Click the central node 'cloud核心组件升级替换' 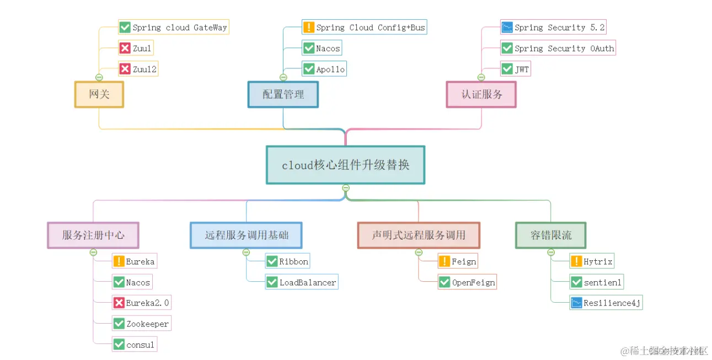[x=345, y=165]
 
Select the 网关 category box [x=99, y=94]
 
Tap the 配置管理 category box [x=283, y=94]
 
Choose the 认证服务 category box [x=481, y=94]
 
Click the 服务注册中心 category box [x=93, y=235]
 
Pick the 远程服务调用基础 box [x=246, y=235]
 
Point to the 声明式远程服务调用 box [x=419, y=235]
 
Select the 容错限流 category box [x=550, y=235]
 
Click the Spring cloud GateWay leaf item [x=173, y=28]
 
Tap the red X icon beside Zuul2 [x=125, y=69]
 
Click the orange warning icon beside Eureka [x=119, y=261]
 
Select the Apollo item [x=324, y=69]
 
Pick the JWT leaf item [x=515, y=69]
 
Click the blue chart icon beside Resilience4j [x=576, y=303]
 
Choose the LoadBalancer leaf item [x=301, y=282]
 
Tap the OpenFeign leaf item [x=467, y=282]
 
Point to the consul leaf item [x=135, y=345]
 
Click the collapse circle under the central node [x=346, y=188]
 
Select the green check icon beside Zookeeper [x=119, y=324]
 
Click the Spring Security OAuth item [x=558, y=49]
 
